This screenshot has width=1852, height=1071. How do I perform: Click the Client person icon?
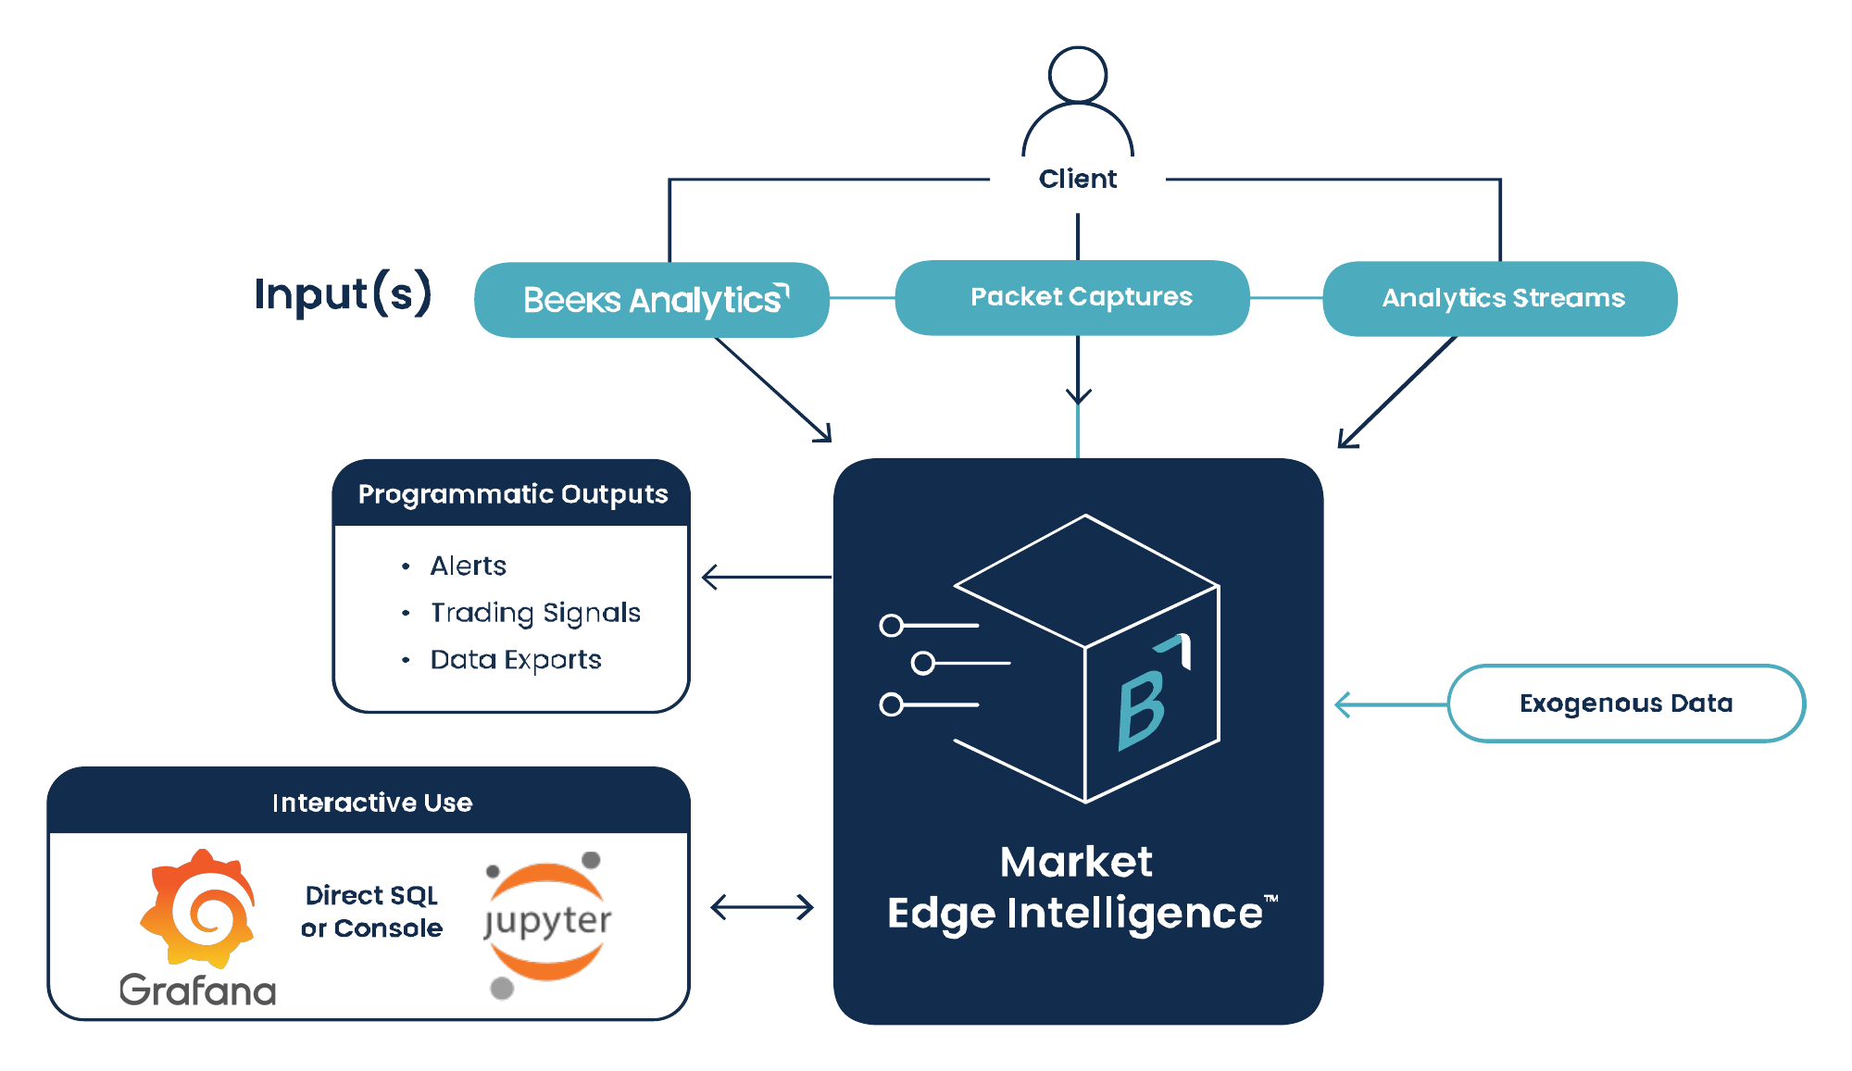[1077, 102]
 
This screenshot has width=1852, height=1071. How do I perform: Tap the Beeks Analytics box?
[651, 300]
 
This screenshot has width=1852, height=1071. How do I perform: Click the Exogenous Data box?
[1625, 704]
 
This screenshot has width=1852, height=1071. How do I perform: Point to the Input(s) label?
[343, 294]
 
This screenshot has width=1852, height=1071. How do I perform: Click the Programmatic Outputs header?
[512, 494]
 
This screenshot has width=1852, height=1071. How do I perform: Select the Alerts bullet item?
[468, 566]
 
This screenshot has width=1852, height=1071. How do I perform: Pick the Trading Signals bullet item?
[534, 613]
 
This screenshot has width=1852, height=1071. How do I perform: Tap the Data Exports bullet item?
[515, 660]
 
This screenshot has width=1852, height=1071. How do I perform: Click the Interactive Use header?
[370, 803]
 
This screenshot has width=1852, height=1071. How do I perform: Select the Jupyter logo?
[547, 922]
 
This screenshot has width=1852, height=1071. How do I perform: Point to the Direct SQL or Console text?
[371, 912]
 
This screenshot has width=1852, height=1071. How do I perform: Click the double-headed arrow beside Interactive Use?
[761, 907]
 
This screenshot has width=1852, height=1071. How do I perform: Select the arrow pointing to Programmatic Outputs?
[766, 578]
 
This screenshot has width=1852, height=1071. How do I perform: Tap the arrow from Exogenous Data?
[1389, 704]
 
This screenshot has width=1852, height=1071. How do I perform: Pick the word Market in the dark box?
[1076, 862]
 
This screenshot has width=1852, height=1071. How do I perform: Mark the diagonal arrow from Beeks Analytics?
[773, 389]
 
